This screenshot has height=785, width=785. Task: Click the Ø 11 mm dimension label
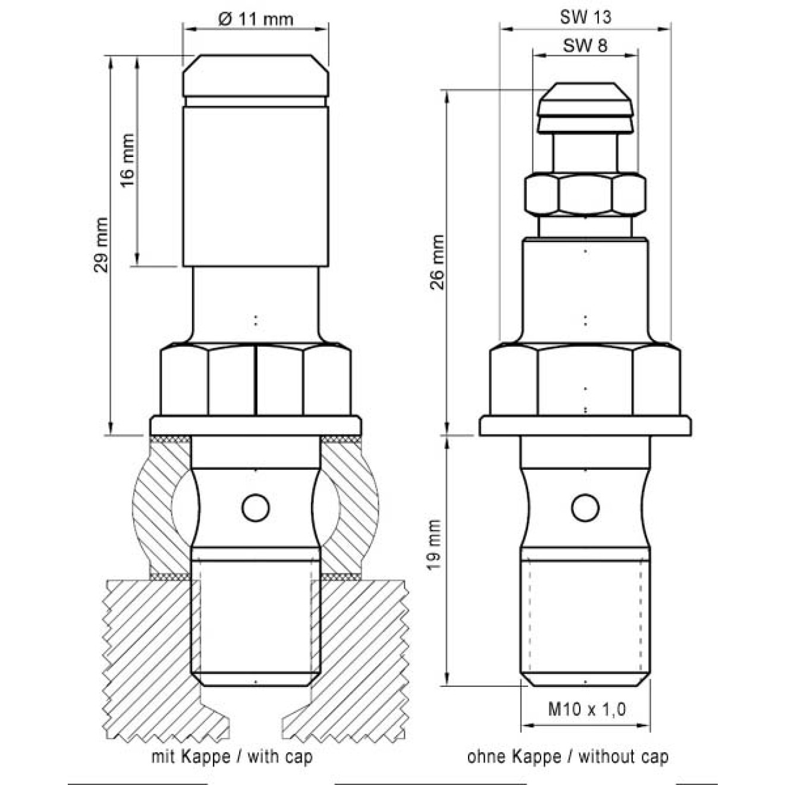point(255,19)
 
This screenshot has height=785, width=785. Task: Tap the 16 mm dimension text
point(127,160)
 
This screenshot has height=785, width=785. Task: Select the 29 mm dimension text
point(101,245)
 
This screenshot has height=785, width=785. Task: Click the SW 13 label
point(585,17)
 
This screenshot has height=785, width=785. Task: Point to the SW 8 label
point(585,45)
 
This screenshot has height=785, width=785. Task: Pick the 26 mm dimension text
point(438,262)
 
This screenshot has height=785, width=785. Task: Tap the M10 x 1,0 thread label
point(586,709)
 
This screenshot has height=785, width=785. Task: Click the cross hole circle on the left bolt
point(255,508)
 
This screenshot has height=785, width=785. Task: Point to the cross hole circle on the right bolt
point(585,508)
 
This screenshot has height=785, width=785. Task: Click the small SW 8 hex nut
point(585,194)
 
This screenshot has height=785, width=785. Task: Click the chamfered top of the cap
point(255,75)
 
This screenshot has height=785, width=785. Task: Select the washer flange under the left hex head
point(255,425)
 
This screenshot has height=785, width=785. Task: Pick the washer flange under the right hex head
point(585,425)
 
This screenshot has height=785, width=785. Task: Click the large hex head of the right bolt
point(585,379)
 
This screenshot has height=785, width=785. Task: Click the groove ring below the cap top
point(255,102)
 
